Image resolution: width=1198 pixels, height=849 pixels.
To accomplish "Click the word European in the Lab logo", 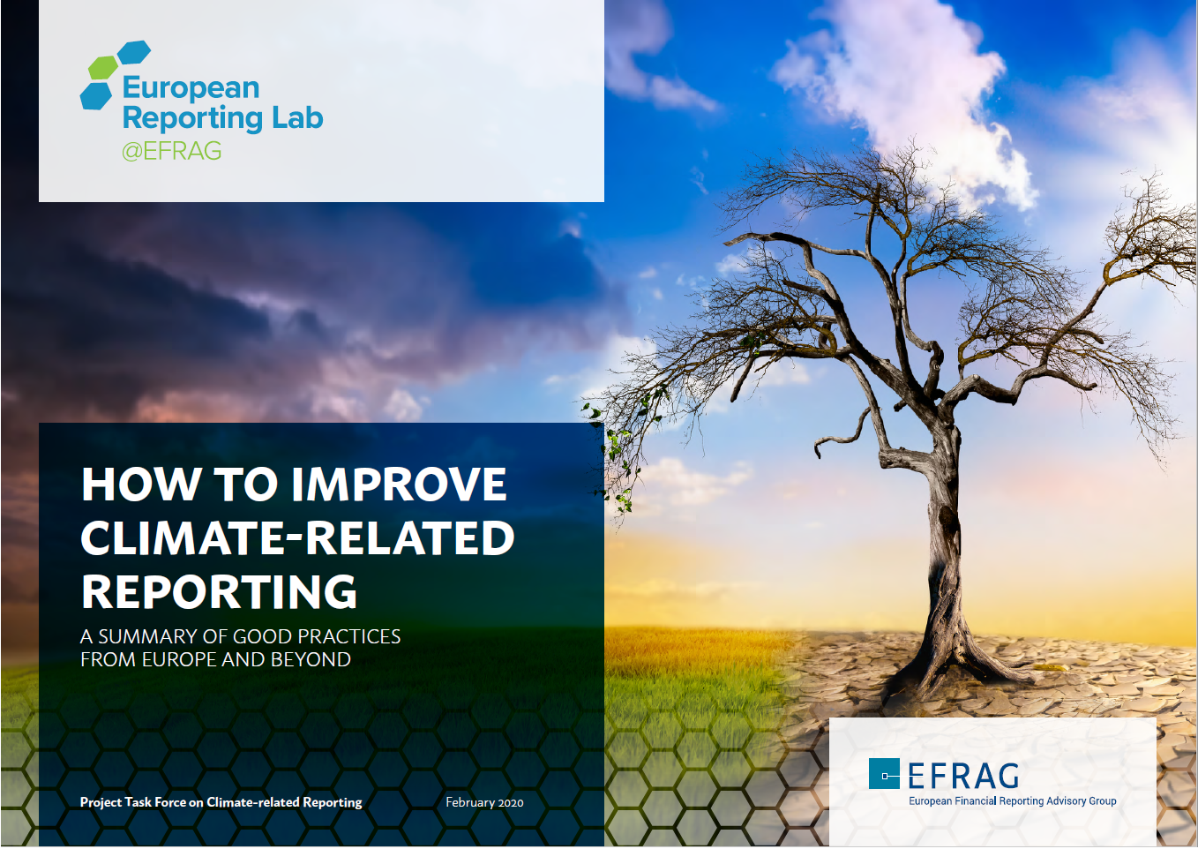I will [x=191, y=87].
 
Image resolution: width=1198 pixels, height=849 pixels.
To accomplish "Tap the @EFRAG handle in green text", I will [x=171, y=151].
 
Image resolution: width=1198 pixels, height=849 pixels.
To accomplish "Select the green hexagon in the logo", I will [x=102, y=68].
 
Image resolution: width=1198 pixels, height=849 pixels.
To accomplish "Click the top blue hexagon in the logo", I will [x=134, y=52].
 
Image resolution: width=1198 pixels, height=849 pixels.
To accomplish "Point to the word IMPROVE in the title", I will [x=399, y=485].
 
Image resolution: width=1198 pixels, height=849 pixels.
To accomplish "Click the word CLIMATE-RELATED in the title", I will [x=297, y=538].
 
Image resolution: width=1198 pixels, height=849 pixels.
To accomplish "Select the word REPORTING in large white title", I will [x=219, y=592].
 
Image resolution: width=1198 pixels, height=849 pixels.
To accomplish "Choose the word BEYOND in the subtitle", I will [x=311, y=659].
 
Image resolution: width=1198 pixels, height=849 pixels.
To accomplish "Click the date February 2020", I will [x=484, y=802].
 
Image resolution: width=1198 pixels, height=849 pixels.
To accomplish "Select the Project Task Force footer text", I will [x=221, y=802].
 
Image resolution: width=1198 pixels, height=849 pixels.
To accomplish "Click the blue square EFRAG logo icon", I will [x=884, y=774].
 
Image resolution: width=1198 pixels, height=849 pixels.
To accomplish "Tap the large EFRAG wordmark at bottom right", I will [x=963, y=776].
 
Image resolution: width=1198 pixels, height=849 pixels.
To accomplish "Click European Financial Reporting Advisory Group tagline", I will [x=1012, y=801].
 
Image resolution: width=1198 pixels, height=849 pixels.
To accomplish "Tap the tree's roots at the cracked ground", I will [x=953, y=662].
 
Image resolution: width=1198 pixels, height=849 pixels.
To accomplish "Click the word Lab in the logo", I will [x=297, y=117].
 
